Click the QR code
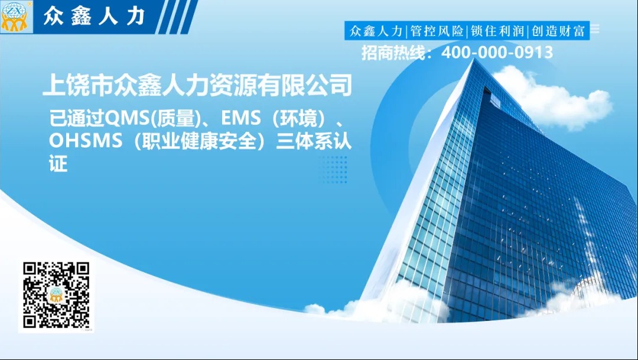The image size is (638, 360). pyautogui.click(x=56, y=295)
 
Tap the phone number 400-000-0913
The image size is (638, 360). pyautogui.click(x=497, y=53)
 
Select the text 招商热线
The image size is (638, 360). pyautogui.click(x=392, y=53)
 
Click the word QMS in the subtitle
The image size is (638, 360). pyautogui.click(x=128, y=118)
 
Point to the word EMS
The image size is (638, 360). pyautogui.click(x=240, y=118)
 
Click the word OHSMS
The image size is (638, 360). pyautogui.click(x=86, y=141)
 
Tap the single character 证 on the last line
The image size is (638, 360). pyautogui.click(x=58, y=164)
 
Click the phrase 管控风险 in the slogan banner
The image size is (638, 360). pyautogui.click(x=437, y=31)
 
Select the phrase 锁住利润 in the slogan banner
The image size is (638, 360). pyautogui.click(x=497, y=31)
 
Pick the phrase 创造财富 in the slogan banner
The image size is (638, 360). pyautogui.click(x=558, y=31)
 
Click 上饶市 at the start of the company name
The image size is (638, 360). pyautogui.click(x=78, y=85)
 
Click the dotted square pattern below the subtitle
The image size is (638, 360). pyautogui.click(x=333, y=170)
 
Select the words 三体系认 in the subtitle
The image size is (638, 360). pyautogui.click(x=314, y=141)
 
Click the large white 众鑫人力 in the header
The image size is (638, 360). pyautogui.click(x=94, y=17)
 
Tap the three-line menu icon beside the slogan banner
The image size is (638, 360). pyautogui.click(x=595, y=28)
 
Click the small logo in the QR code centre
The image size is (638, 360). pyautogui.click(x=56, y=295)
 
